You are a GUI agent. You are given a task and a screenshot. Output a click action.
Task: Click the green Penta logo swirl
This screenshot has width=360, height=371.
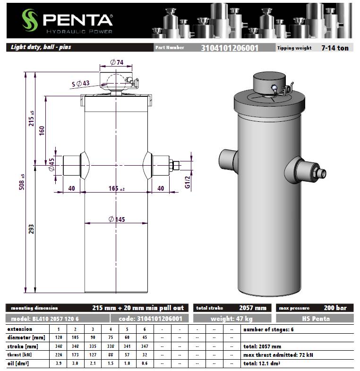[30, 20]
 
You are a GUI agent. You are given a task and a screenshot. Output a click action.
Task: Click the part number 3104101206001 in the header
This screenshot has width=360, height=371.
[230, 48]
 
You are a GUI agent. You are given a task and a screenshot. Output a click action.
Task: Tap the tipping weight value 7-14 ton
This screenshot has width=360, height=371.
[335, 48]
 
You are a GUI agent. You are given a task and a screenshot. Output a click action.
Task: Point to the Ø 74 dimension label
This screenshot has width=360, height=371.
[117, 62]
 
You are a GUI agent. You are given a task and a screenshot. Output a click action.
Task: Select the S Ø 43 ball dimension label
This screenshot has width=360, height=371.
[80, 84]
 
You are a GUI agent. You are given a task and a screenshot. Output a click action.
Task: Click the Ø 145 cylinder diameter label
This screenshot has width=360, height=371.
[117, 219]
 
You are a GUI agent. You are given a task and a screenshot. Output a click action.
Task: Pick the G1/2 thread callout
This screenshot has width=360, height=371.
[188, 182]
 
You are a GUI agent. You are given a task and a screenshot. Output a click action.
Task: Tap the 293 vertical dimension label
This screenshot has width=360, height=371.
[31, 229]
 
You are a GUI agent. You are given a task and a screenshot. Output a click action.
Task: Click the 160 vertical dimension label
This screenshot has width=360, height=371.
[42, 131]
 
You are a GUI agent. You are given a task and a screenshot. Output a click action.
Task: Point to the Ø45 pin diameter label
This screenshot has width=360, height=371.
[51, 164]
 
